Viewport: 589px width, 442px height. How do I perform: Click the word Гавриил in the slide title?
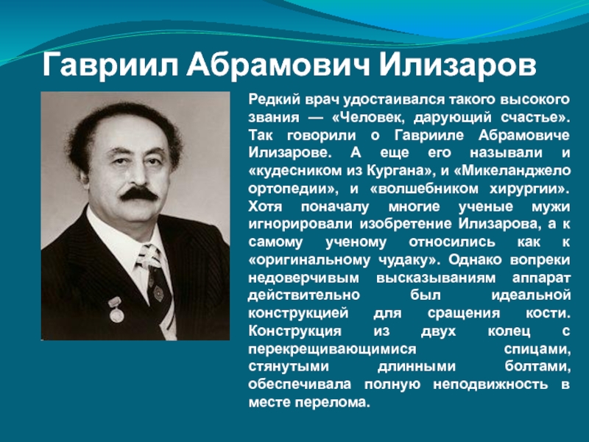click(x=110, y=65)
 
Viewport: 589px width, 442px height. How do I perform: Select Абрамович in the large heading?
click(x=278, y=65)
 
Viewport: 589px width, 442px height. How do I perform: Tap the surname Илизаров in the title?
click(x=457, y=65)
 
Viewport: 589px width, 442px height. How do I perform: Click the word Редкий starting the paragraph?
click(x=274, y=99)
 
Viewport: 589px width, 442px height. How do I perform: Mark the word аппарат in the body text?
click(x=541, y=278)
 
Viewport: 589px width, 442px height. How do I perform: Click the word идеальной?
click(x=531, y=295)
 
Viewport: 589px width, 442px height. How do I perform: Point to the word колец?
click(x=509, y=331)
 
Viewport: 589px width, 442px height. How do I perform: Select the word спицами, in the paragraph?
click(x=537, y=349)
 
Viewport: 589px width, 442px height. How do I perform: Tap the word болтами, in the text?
click(x=538, y=366)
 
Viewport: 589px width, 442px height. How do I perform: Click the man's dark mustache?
click(x=138, y=194)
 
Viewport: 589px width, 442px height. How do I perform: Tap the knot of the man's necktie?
click(x=149, y=256)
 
